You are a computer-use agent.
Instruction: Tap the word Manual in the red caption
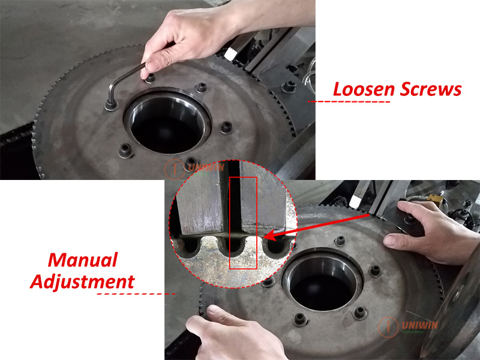tap(82, 261)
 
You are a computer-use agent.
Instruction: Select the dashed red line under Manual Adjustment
tap(136, 294)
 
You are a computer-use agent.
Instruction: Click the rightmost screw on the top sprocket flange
tap(226, 127)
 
